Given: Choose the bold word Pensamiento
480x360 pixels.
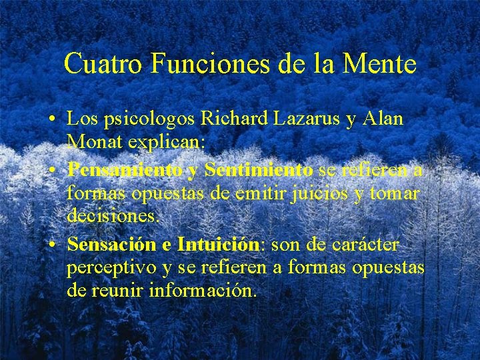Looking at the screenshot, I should tap(125, 171).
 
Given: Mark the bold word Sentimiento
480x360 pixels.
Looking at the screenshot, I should tap(259, 171).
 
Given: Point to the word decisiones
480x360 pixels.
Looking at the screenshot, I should tap(113, 217).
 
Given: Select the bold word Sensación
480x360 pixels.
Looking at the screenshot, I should tap(111, 245).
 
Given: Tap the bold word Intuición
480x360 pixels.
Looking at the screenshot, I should tap(218, 245).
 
